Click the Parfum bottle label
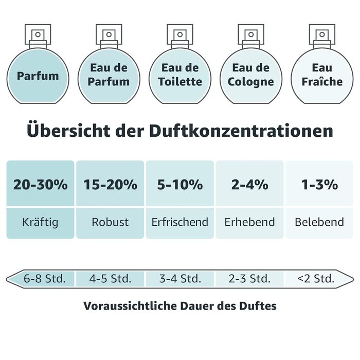38,76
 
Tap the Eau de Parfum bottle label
109,75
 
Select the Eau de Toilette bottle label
180,75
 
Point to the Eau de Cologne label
251,75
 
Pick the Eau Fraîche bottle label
322,75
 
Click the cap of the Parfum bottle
38,35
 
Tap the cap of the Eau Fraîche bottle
322,35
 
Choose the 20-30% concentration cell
40,185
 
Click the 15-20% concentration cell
110,185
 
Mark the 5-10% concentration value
180,185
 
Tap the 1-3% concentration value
320,185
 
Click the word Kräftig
40,223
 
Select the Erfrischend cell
180,223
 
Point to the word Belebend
320,223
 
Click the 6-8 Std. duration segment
45,279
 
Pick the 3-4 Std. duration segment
180,279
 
